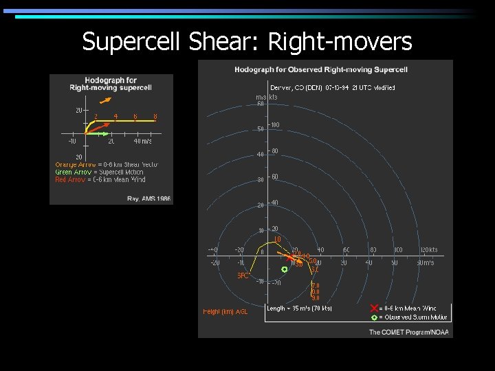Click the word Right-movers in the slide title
tap(340, 42)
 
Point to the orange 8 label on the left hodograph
tap(155, 117)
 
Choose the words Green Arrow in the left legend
tap(70, 172)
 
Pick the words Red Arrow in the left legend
tap(69, 180)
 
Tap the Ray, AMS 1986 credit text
tap(148, 199)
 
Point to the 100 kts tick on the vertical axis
tap(274, 125)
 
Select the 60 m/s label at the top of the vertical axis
tap(260, 104)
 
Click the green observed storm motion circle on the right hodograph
tap(285, 269)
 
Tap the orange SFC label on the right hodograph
tap(243, 276)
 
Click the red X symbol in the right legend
tap(374, 308)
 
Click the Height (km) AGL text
tap(225, 311)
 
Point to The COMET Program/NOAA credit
tap(408, 332)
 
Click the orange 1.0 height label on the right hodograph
tap(278, 239)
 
